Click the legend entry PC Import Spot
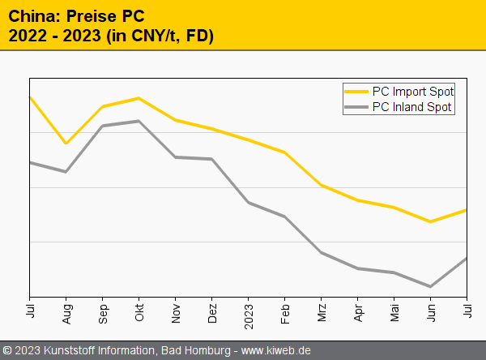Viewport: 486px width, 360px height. tap(412, 91)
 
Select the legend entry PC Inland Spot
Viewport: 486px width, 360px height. tap(411, 107)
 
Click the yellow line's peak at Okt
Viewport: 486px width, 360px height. tap(139, 98)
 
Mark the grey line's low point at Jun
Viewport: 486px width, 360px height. tap(431, 286)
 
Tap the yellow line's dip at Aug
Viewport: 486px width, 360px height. tap(66, 144)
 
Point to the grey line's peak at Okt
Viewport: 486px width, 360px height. tap(139, 121)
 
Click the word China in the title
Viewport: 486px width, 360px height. tap(29, 15)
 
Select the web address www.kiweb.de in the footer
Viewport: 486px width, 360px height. tap(276, 350)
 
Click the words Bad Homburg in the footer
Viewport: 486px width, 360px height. tap(192, 350)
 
